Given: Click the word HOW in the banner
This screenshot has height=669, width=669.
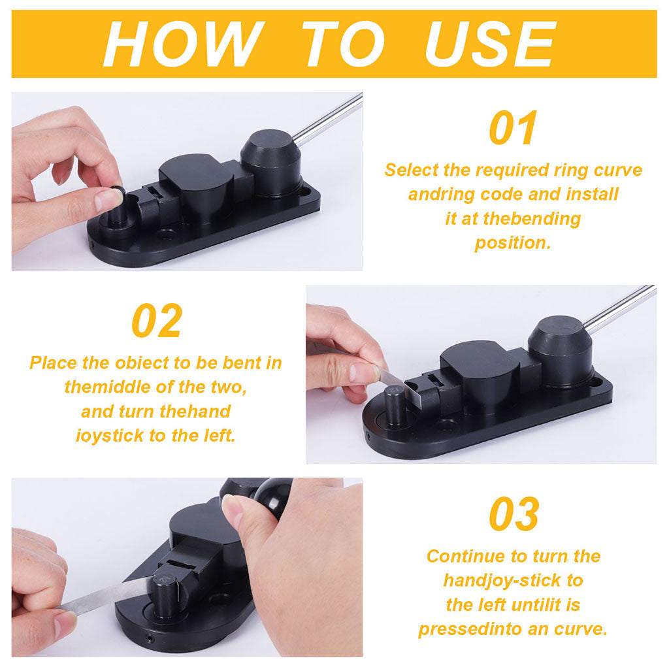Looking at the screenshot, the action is click(x=184, y=44).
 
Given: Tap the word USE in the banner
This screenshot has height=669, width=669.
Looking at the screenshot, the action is click(x=491, y=44).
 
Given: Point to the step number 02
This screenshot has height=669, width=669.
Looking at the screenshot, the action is click(x=157, y=320).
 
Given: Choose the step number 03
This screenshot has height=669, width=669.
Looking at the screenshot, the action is click(x=514, y=514).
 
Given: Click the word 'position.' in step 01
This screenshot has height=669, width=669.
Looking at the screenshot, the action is click(x=513, y=243).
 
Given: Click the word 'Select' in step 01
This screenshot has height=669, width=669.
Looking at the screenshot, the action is click(x=412, y=170).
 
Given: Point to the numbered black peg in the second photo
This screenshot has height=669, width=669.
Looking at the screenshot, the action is click(x=395, y=404).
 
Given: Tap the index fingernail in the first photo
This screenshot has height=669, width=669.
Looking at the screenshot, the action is click(x=108, y=199).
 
